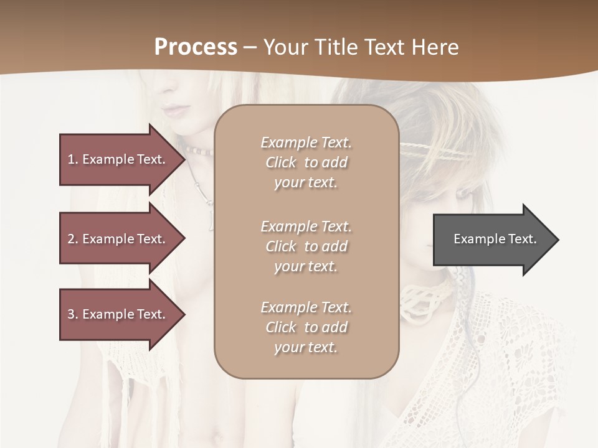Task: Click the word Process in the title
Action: coord(196,47)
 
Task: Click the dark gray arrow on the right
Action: coord(492,240)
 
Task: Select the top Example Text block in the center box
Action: coord(306,162)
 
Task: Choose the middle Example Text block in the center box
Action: coord(306,246)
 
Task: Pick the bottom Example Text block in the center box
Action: coord(306,327)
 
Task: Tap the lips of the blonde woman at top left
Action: coord(174,111)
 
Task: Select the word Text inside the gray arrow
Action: coord(523,239)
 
